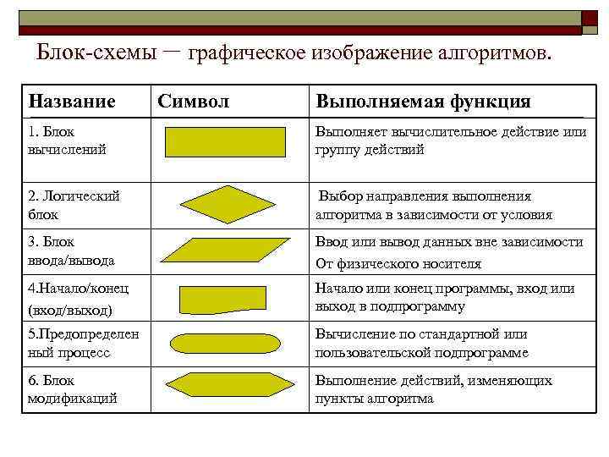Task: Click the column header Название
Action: point(71,102)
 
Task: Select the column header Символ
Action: point(193,102)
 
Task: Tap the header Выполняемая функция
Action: point(423,102)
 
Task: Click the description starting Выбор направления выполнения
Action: point(435,205)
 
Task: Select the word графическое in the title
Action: point(255,54)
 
